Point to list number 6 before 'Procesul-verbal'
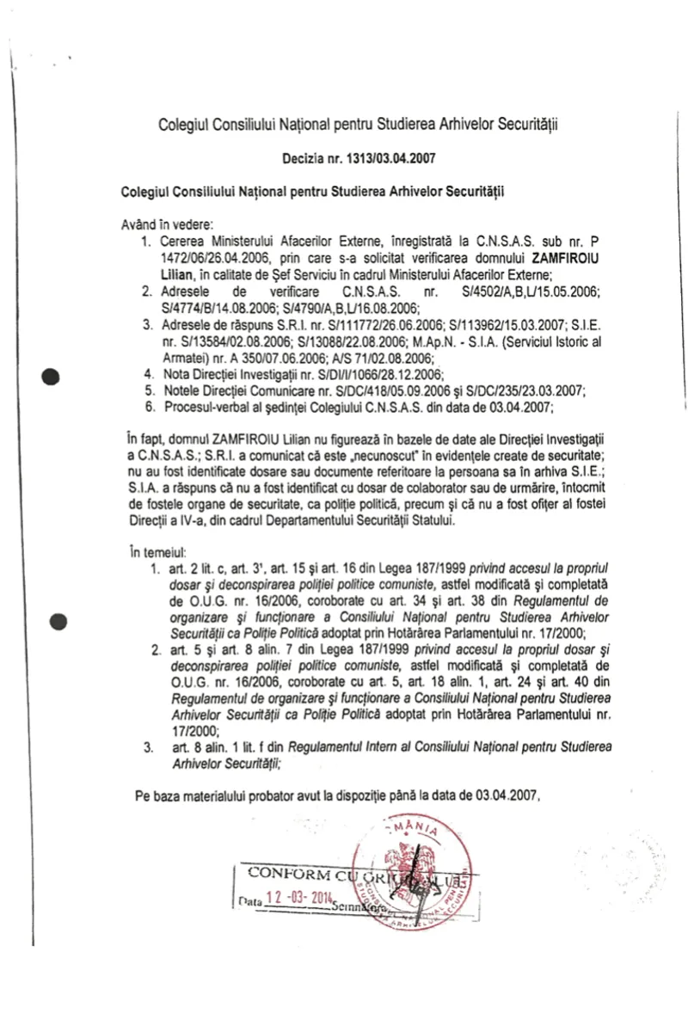pos(148,407)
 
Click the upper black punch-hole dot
pos(54,376)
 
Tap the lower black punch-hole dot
pos(58,621)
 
